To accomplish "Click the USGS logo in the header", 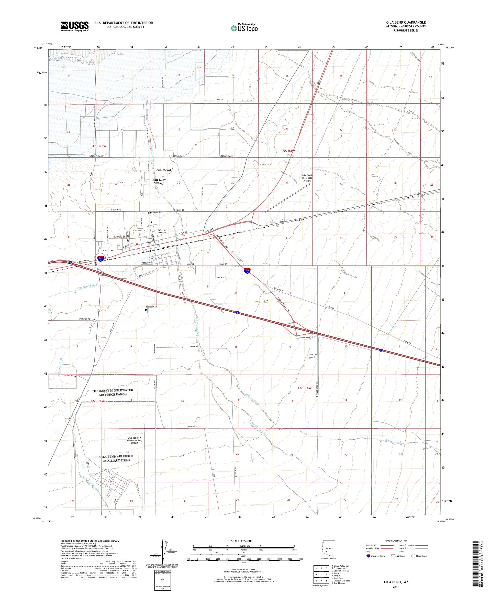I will [x=75, y=26].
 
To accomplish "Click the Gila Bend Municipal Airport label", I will [x=307, y=178].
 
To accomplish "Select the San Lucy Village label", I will [x=159, y=181].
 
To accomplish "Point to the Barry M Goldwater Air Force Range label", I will [x=113, y=392].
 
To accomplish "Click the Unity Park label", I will [x=156, y=258].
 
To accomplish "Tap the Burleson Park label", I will [x=156, y=213].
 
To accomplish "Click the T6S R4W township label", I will [x=304, y=388].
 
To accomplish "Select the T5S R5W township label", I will [x=99, y=146].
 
